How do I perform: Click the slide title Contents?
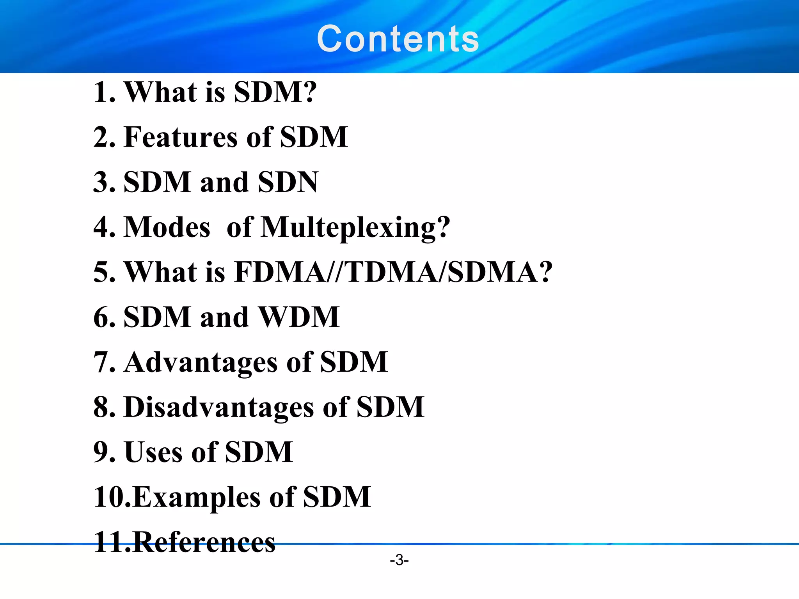(398, 39)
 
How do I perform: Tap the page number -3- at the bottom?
(399, 560)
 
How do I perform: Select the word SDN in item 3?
(288, 182)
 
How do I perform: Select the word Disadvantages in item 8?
(218, 407)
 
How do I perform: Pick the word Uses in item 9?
(153, 452)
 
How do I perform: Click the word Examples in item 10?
(197, 498)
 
